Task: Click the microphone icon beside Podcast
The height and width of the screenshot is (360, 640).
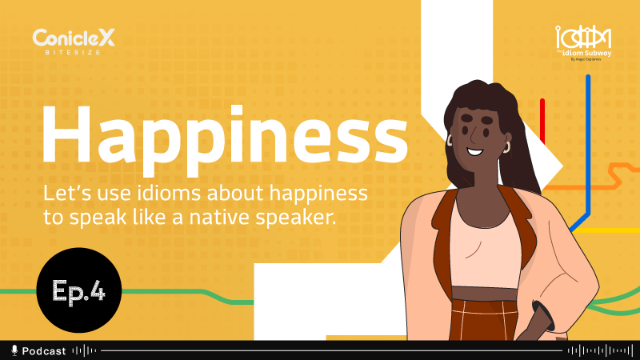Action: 14,350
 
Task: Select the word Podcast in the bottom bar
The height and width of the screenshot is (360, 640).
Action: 44,350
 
